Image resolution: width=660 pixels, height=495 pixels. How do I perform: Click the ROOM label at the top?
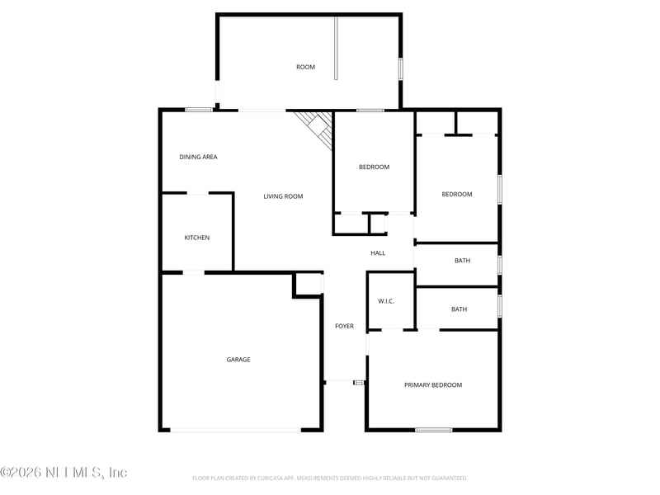click(305, 67)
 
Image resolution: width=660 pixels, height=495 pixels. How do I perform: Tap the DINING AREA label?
click(198, 157)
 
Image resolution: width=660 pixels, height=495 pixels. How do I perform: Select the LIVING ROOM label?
click(283, 196)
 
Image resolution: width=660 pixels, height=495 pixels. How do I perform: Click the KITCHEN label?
click(196, 238)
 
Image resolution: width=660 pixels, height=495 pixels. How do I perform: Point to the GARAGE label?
click(238, 359)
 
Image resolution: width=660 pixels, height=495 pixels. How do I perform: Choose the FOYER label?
click(344, 326)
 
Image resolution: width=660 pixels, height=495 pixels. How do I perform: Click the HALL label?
click(378, 253)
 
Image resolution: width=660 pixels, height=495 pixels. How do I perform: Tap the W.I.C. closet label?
click(386, 301)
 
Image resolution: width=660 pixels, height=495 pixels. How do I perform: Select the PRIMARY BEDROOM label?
click(432, 384)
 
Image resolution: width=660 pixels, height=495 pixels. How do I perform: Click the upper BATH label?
click(462, 261)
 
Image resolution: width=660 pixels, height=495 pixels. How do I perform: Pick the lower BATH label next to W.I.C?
click(459, 309)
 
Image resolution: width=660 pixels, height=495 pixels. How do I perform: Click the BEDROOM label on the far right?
click(456, 195)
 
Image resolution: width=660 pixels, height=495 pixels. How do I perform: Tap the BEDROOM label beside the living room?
click(374, 167)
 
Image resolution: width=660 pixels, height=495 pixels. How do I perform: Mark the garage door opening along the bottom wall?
click(236, 429)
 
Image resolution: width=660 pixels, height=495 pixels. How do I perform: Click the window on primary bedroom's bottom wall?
click(433, 429)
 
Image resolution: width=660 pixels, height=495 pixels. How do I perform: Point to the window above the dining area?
click(199, 110)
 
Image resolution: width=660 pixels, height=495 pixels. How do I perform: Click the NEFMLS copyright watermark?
click(64, 473)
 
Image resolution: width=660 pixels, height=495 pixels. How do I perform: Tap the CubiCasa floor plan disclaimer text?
click(330, 478)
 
